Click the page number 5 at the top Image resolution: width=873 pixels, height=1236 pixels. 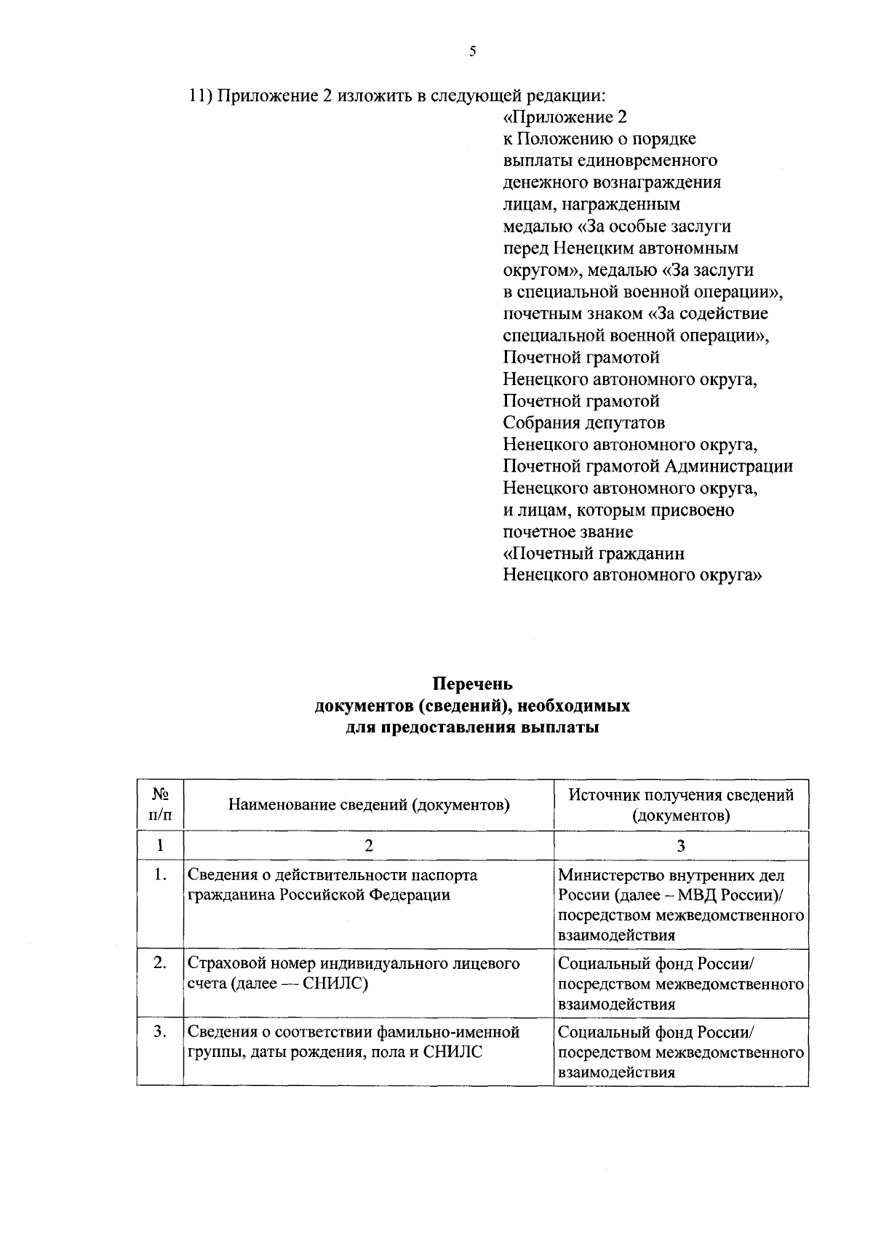tap(472, 51)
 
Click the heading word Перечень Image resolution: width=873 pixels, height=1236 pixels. tap(472, 684)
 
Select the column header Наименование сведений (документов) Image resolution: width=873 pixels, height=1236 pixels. tap(369, 804)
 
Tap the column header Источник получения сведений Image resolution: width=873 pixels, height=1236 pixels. tap(681, 795)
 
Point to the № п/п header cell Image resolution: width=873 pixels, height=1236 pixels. tap(160, 804)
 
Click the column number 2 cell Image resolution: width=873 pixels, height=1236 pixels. tap(369, 845)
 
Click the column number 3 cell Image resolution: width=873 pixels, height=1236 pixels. tap(681, 845)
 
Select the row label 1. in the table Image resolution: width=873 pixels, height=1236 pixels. tap(161, 874)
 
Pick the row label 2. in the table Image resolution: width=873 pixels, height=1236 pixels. tap(161, 963)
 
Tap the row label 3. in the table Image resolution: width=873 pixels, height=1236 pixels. tap(161, 1031)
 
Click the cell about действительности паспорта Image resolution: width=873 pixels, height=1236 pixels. tap(332, 884)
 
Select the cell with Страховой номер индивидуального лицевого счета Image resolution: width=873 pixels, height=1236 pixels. tap(354, 973)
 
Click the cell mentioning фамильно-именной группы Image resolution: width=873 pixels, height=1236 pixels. tap(354, 1042)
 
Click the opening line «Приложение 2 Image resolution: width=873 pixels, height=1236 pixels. tap(565, 117)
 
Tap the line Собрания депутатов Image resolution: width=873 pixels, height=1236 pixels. tap(583, 423)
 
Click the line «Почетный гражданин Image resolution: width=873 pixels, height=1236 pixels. tap(594, 554)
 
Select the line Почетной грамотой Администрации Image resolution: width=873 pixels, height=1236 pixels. tap(647, 467)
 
